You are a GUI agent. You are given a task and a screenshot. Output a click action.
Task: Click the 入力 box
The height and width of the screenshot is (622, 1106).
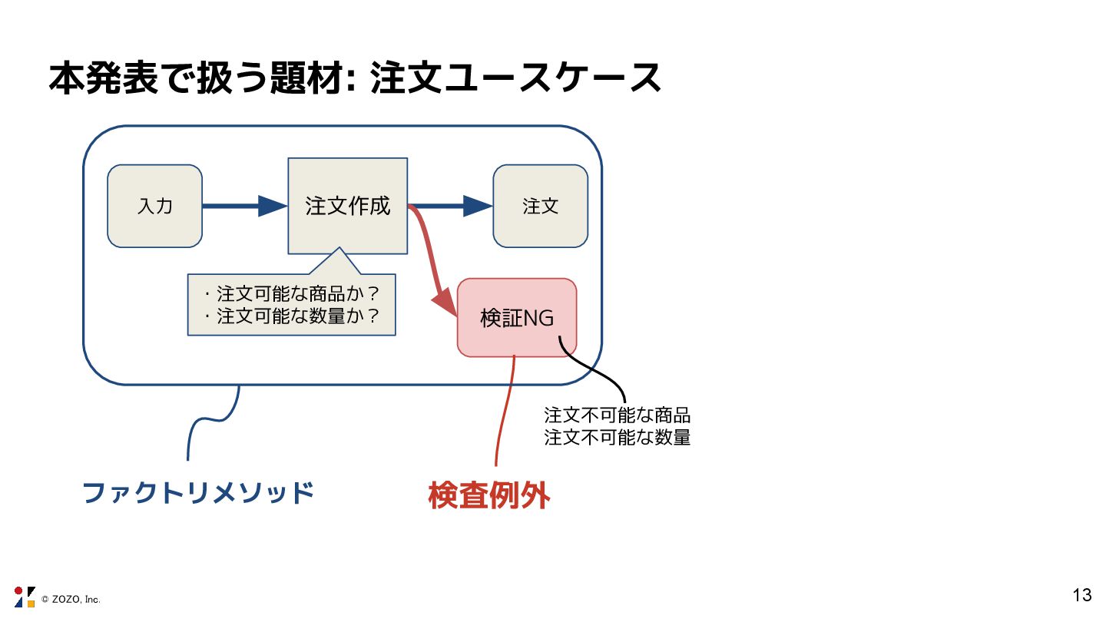[x=154, y=206]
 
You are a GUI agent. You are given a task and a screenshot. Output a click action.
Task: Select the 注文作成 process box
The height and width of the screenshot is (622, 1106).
[x=347, y=206]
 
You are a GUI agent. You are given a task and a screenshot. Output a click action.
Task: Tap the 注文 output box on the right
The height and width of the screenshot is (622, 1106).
[x=540, y=206]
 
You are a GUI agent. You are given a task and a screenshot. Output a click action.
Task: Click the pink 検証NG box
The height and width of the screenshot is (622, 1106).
[x=516, y=317]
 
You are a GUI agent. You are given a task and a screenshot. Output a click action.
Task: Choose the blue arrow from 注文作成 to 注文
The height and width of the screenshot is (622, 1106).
[x=449, y=206]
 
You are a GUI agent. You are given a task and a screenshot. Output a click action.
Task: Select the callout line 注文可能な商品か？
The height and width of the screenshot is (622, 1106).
[x=292, y=294]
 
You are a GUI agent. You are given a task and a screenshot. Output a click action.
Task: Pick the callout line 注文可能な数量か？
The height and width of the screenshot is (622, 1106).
[x=292, y=316]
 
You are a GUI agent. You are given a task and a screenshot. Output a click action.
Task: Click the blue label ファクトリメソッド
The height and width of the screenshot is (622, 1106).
[x=198, y=492]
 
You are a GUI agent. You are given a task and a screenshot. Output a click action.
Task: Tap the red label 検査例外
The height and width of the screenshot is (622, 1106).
[x=489, y=496]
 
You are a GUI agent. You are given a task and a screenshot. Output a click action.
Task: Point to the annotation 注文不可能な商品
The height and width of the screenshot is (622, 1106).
[x=617, y=416]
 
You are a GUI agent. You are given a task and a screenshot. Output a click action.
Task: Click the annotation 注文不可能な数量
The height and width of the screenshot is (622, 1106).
[x=617, y=438]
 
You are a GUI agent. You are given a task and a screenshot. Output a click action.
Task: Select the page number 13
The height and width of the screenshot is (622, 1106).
[x=1081, y=595]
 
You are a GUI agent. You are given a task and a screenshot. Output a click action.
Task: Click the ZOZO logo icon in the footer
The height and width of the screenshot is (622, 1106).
[x=25, y=597]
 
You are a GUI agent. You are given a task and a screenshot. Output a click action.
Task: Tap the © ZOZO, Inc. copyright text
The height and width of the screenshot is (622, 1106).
[x=71, y=599]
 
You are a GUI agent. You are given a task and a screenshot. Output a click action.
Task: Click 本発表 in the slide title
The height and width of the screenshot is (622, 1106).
[x=103, y=78]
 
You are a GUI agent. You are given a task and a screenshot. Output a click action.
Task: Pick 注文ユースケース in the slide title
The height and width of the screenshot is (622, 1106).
[x=515, y=78]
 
